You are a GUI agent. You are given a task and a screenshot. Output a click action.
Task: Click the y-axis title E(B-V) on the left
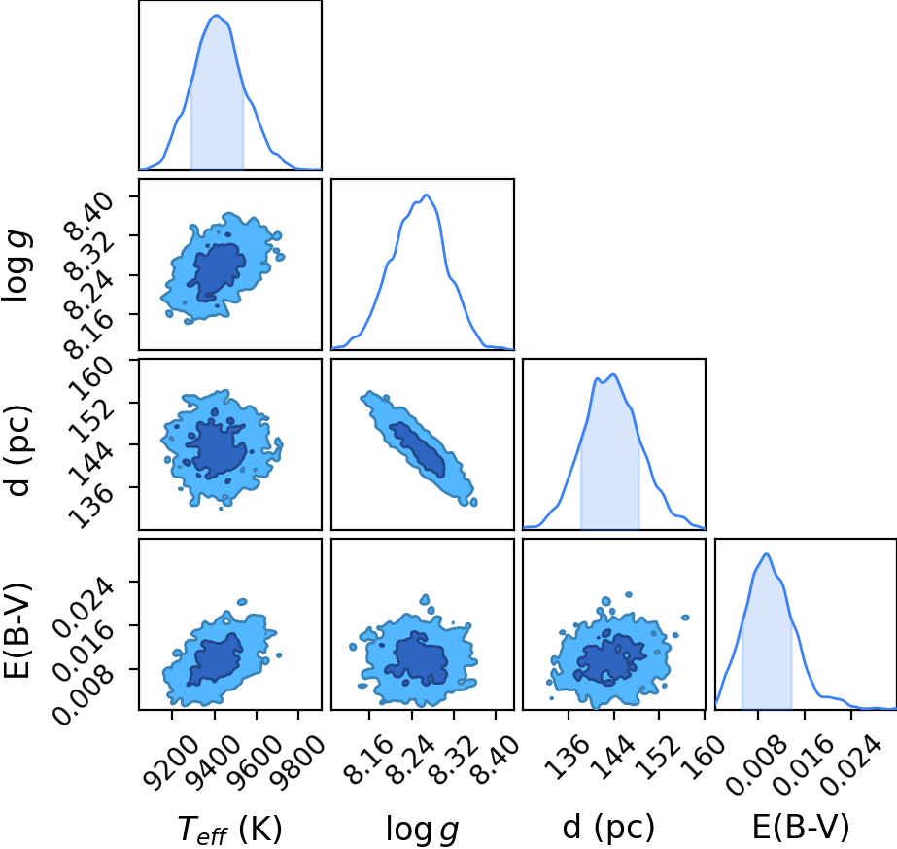click(17, 630)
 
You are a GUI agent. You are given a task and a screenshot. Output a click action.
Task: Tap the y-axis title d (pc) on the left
click(17, 450)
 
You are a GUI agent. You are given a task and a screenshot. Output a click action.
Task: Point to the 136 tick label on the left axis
click(89, 506)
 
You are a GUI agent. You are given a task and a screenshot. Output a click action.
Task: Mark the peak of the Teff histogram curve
click(217, 15)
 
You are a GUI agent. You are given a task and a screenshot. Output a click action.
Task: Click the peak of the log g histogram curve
click(426, 195)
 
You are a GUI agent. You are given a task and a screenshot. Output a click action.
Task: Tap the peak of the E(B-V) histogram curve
click(766, 553)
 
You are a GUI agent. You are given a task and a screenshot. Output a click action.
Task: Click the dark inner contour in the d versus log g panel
click(418, 449)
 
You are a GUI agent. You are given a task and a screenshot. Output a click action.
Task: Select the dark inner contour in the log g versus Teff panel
click(218, 271)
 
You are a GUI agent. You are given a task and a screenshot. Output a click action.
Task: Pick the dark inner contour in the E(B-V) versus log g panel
click(417, 658)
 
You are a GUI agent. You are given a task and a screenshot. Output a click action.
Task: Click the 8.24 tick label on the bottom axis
click(410, 760)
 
